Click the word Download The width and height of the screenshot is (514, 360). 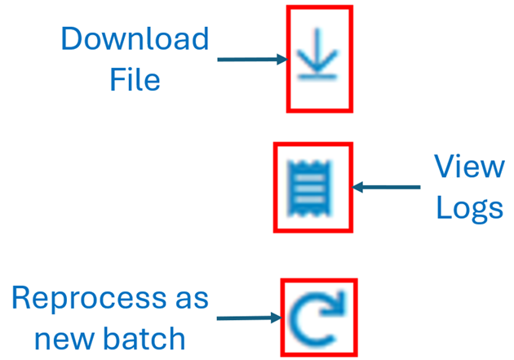pyautogui.click(x=135, y=38)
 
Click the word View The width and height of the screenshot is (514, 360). pyautogui.click(x=468, y=167)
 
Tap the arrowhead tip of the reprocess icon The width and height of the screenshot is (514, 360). pyautogui.click(x=339, y=309)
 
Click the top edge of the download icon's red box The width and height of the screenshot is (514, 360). pyautogui.click(x=319, y=7)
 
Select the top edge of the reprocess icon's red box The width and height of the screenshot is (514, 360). pyautogui.click(x=319, y=282)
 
